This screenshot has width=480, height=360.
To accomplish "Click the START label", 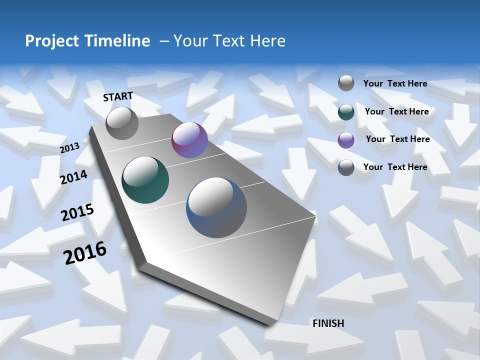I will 118,96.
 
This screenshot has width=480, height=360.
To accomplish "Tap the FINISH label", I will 328,323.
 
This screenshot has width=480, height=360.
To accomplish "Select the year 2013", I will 70,148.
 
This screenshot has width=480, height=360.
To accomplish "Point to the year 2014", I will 74,177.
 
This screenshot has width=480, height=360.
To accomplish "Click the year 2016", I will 85,252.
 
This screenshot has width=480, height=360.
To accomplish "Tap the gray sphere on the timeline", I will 122,123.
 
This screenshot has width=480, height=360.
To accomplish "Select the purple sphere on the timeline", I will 189,140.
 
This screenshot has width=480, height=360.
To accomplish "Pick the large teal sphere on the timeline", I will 145,180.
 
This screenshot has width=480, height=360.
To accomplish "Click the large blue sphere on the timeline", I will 216,207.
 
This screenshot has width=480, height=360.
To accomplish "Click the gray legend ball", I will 346,83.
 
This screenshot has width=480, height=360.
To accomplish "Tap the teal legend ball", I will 346,112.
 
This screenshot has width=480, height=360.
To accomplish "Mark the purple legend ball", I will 346,140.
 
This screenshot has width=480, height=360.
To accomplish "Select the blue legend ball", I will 346,167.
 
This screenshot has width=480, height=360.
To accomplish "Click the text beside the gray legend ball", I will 395,83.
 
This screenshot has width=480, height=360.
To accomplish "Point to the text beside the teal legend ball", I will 397,111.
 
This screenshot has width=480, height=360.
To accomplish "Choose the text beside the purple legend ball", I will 398,139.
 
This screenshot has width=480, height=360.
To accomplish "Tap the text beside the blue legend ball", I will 395,167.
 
